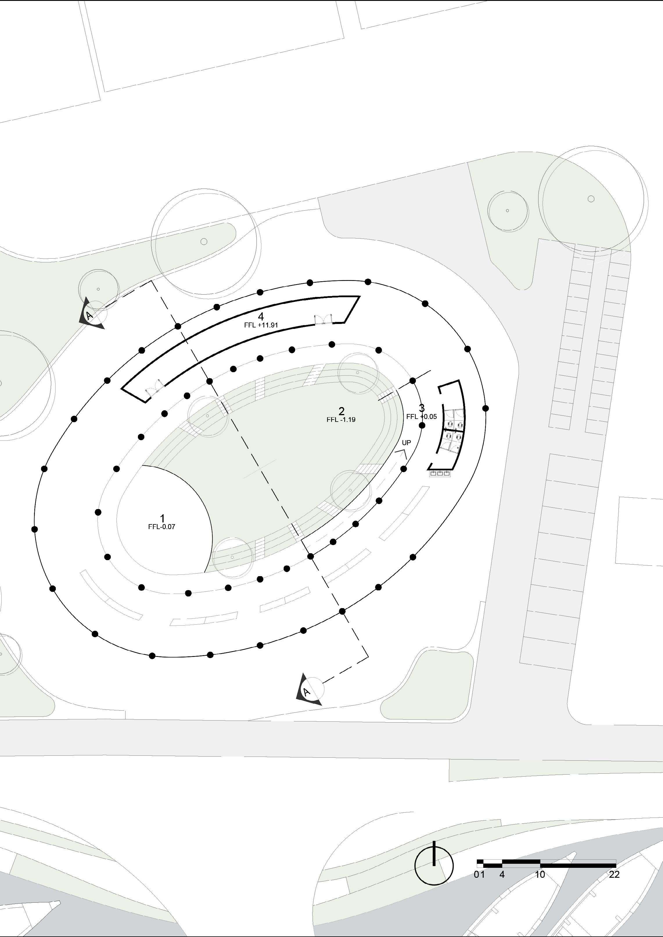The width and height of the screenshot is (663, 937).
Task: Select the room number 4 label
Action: (261, 317)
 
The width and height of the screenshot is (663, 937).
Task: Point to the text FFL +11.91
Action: (261, 325)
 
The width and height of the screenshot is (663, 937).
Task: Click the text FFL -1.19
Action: (341, 420)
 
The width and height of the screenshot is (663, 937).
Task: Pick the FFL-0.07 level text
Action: (162, 527)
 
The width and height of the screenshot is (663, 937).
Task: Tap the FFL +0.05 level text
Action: (421, 417)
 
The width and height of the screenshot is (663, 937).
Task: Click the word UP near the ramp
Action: (406, 443)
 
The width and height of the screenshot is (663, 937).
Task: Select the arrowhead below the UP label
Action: (403, 453)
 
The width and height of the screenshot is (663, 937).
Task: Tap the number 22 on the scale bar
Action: (614, 875)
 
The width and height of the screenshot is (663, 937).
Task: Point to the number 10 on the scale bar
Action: (540, 875)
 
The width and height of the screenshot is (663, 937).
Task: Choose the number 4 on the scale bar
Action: (502, 875)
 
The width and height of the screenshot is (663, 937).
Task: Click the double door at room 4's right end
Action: (323, 319)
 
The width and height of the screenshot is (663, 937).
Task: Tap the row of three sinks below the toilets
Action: (440, 473)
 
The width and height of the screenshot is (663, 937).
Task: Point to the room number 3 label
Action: (422, 408)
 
